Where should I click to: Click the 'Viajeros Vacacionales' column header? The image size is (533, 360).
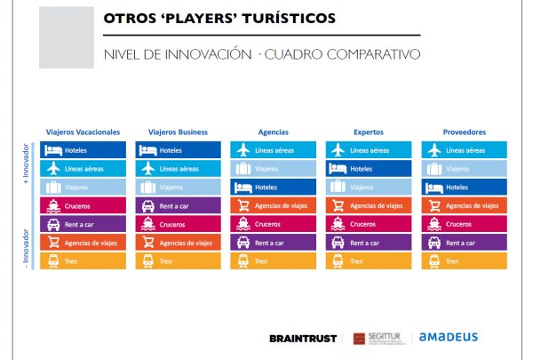click(84, 132)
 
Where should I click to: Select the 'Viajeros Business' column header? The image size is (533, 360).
click(179, 132)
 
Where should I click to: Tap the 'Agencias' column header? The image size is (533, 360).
click(274, 132)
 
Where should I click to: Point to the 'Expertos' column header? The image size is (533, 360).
click(369, 132)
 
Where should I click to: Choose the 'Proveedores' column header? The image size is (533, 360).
click(464, 132)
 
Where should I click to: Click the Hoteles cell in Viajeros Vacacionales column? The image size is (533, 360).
click(84, 150)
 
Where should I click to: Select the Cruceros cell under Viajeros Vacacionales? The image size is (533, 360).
click(84, 205)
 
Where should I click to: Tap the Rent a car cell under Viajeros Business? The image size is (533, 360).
click(179, 205)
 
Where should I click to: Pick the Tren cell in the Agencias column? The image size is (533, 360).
click(274, 261)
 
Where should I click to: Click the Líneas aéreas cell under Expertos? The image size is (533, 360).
click(369, 150)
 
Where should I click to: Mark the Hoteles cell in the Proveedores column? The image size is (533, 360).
click(464, 188)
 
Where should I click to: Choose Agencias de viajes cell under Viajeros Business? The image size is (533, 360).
click(179, 243)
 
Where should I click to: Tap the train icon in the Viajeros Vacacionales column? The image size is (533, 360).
click(53, 261)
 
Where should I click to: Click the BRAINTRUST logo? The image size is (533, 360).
click(303, 338)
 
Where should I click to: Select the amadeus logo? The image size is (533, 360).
click(448, 337)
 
